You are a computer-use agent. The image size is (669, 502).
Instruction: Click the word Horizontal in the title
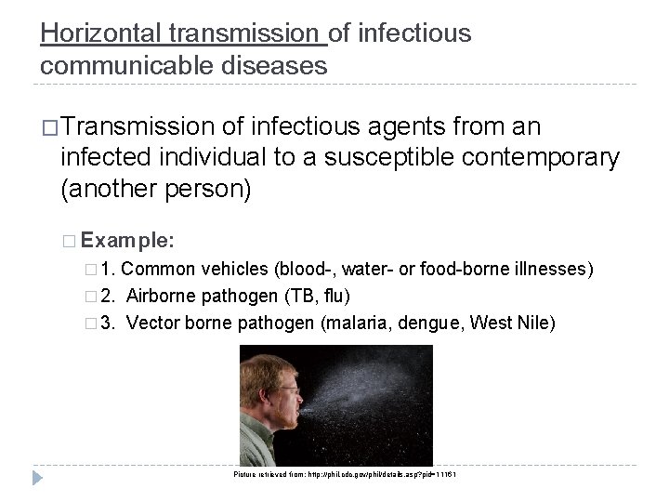pos(101,34)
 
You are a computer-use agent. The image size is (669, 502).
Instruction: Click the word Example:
pos(125,239)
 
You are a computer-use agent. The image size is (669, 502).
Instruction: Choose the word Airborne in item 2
pos(161,297)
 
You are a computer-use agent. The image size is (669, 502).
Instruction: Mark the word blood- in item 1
pos(303,271)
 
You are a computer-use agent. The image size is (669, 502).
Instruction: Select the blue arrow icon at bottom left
pos(38,479)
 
